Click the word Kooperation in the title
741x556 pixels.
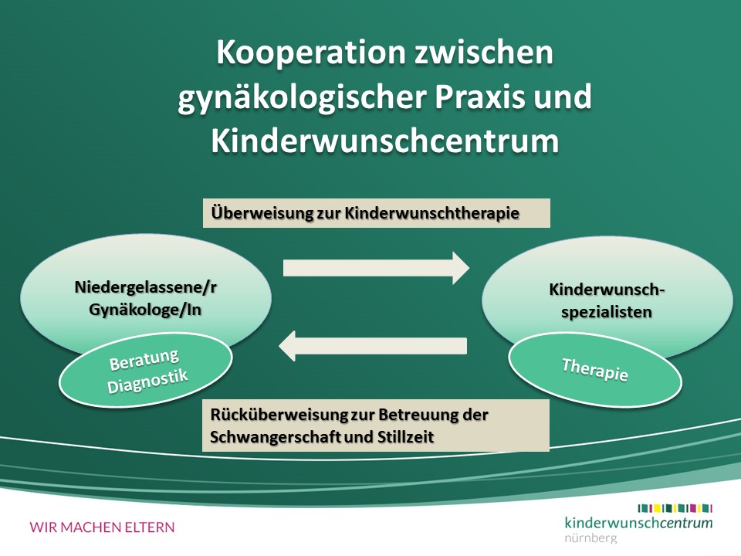pos(311,53)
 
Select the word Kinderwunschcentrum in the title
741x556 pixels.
pos(384,141)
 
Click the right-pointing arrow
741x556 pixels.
pos(376,268)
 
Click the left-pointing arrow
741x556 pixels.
pos(373,346)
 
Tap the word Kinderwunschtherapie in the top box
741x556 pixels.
pos(431,213)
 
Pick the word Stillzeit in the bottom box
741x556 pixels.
pos(405,436)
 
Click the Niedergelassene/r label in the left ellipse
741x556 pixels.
pos(146,287)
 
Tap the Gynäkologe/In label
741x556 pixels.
pos(145,310)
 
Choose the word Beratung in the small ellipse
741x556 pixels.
pos(144,360)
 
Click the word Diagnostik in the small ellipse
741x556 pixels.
pos(147,381)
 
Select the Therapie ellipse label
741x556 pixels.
pos(595,370)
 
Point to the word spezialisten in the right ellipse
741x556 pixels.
pos(607,313)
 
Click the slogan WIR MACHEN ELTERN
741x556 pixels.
pos(102,527)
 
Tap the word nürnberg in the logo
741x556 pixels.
pos(590,537)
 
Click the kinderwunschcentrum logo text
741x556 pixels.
pos(638,523)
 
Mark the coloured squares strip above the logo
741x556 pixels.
pos(675,509)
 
